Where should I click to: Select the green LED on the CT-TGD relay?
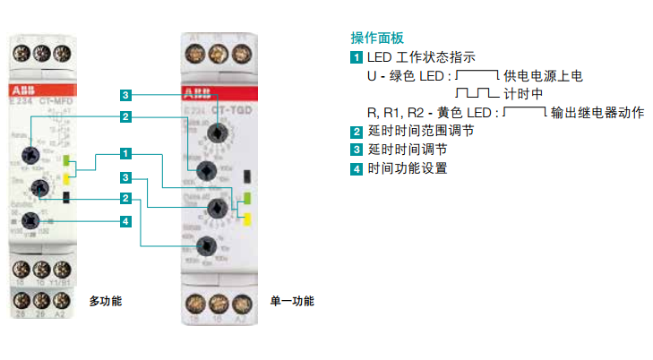247,199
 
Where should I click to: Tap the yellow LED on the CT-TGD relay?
247,218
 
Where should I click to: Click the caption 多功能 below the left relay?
105,301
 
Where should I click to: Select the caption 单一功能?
292,301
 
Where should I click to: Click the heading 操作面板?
377,39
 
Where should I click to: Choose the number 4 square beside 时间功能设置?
357,167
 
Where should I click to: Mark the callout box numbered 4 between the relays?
126,220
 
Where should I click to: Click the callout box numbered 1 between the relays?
126,153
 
